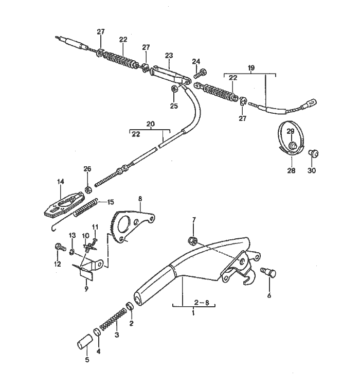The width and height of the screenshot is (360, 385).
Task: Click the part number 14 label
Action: (61, 181)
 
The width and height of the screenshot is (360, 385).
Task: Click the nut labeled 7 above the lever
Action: (192, 240)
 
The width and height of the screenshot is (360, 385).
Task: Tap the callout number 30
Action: (312, 170)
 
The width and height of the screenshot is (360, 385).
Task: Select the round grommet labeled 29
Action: (291, 146)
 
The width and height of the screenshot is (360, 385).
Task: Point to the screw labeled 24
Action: (200, 74)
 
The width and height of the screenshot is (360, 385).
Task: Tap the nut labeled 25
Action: (174, 89)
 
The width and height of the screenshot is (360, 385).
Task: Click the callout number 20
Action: (150, 124)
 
